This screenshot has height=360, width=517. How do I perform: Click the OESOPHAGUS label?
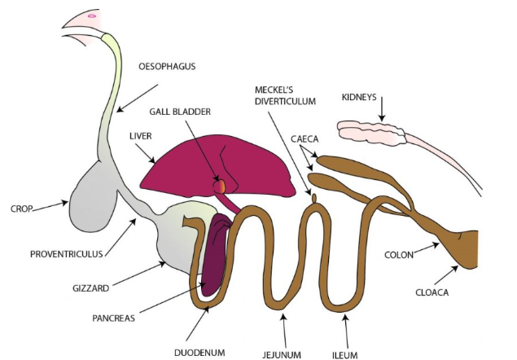click(168, 67)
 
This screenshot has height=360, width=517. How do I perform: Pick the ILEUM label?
click(345, 353)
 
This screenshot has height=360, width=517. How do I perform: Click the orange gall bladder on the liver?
click(218, 186)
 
